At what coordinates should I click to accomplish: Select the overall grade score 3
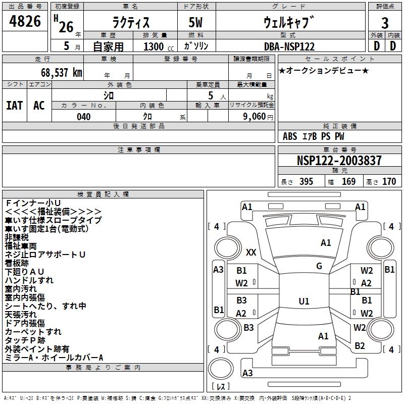(385, 23)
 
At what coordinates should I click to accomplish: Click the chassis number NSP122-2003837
(339, 161)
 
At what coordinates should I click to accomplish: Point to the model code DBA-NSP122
(289, 46)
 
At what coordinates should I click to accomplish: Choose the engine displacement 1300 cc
(156, 46)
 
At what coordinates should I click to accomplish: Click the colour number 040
(84, 117)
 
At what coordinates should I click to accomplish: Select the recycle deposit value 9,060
(250, 117)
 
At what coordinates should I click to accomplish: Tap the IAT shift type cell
(15, 105)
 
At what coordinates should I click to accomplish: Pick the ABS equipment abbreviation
(290, 136)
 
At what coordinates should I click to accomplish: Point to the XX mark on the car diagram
(251, 252)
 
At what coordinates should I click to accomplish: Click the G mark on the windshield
(319, 266)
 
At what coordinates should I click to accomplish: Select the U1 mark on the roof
(304, 301)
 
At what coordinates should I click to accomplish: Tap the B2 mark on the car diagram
(360, 346)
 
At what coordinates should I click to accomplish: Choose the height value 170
(389, 181)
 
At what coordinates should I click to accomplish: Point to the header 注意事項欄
(139, 150)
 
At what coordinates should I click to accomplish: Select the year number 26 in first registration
(66, 27)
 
